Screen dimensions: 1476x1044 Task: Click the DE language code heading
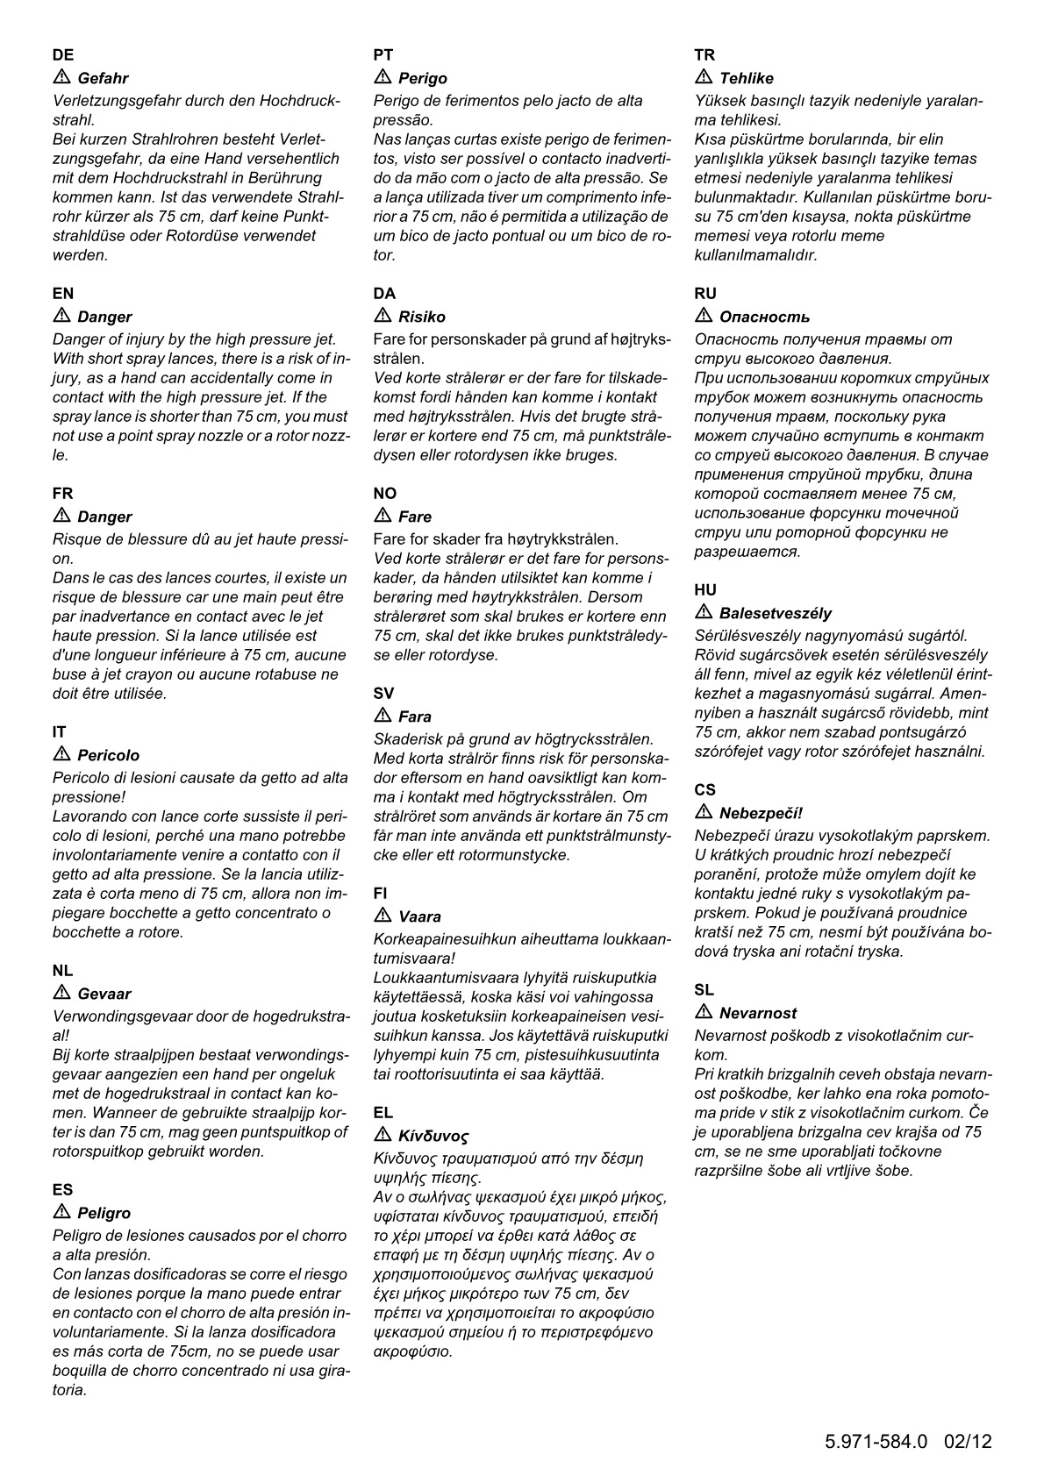(63, 55)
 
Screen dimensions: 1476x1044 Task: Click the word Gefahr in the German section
(103, 79)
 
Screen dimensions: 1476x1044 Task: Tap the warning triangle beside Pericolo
(61, 754)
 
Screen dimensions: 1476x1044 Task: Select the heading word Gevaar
(104, 995)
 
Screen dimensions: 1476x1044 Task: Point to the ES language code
(62, 1190)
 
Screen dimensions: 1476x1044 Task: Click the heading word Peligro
(104, 1214)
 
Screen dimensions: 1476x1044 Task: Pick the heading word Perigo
(423, 79)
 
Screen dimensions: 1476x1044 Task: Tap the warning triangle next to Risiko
(383, 316)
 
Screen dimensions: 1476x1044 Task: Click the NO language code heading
(384, 494)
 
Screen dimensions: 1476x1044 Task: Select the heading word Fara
(415, 717)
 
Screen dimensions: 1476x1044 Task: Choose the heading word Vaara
(419, 917)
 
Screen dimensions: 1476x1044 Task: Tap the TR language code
(704, 55)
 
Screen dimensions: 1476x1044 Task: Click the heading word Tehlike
(746, 79)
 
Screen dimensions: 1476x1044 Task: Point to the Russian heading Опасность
(764, 317)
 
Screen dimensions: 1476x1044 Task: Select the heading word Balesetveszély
(776, 614)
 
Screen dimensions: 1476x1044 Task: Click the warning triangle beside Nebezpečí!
(704, 812)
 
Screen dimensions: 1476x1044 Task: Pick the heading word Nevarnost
(758, 1014)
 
